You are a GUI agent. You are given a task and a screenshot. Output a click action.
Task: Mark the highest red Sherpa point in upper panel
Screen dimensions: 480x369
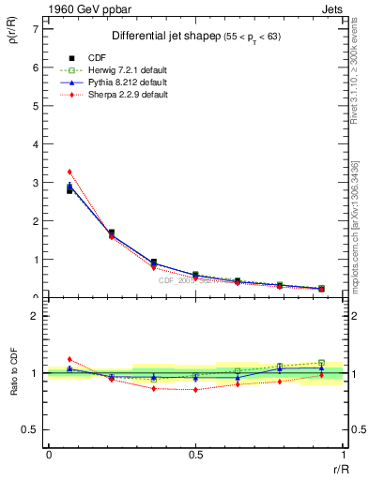click(x=69, y=172)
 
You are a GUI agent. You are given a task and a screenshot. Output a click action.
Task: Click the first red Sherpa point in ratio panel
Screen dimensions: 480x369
click(x=69, y=359)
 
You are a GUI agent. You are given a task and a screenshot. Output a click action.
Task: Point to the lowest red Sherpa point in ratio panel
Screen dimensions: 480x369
click(x=195, y=389)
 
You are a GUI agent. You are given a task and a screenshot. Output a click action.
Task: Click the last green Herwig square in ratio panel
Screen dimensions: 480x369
click(x=321, y=363)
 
